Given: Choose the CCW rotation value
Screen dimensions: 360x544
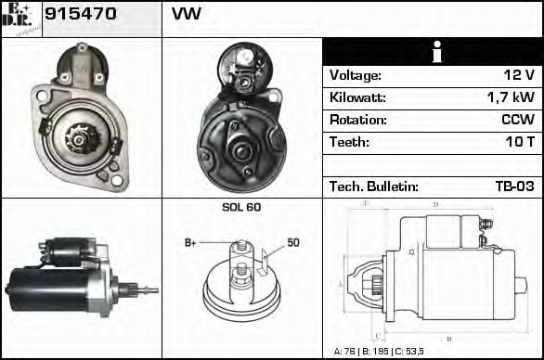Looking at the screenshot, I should [516, 121].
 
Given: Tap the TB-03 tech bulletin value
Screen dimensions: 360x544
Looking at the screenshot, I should [514, 186].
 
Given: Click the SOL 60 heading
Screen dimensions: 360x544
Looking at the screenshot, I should [241, 207].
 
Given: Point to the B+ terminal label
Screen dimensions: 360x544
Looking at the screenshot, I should [190, 243].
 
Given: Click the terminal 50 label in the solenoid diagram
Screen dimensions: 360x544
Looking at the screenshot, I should [293, 242].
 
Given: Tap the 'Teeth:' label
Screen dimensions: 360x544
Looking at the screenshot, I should [349, 143].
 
